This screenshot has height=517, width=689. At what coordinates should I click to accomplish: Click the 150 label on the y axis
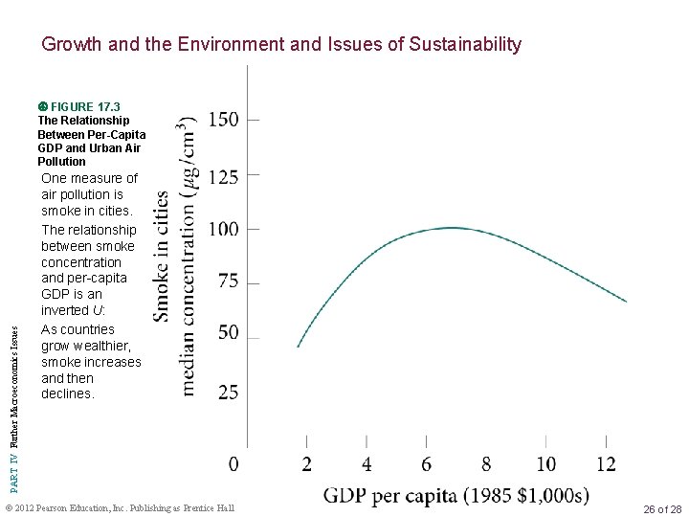224,120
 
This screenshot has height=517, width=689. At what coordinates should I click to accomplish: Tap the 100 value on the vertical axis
224,230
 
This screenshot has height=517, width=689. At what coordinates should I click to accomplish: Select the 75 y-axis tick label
228,283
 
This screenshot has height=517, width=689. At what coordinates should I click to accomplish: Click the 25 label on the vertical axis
228,393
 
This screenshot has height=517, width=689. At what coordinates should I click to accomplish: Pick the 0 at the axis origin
233,464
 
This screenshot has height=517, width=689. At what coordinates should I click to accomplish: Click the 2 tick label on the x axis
306,464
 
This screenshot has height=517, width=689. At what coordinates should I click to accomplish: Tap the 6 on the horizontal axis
426,464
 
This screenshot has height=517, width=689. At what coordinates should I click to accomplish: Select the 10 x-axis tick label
545,464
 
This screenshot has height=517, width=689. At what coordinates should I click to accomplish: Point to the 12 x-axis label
606,464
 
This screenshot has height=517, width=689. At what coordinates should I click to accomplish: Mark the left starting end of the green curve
299,347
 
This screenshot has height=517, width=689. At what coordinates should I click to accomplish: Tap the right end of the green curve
627,302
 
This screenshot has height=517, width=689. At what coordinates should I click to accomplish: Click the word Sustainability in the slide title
465,44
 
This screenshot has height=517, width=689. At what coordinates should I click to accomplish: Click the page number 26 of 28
662,507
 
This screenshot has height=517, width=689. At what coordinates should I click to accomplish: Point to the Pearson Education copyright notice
120,506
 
